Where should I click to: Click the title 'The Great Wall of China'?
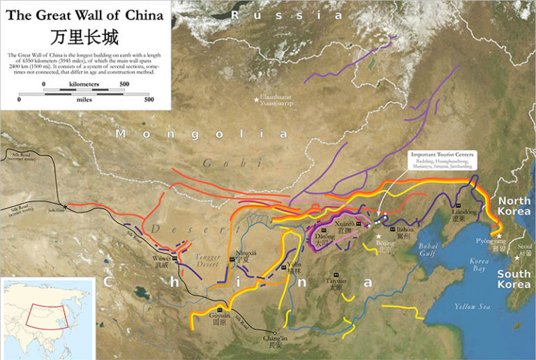coord(84,15)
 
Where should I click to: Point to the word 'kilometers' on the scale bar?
coord(84,84)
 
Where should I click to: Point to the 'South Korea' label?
coord(514,279)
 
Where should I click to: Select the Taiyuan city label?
coord(336,283)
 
